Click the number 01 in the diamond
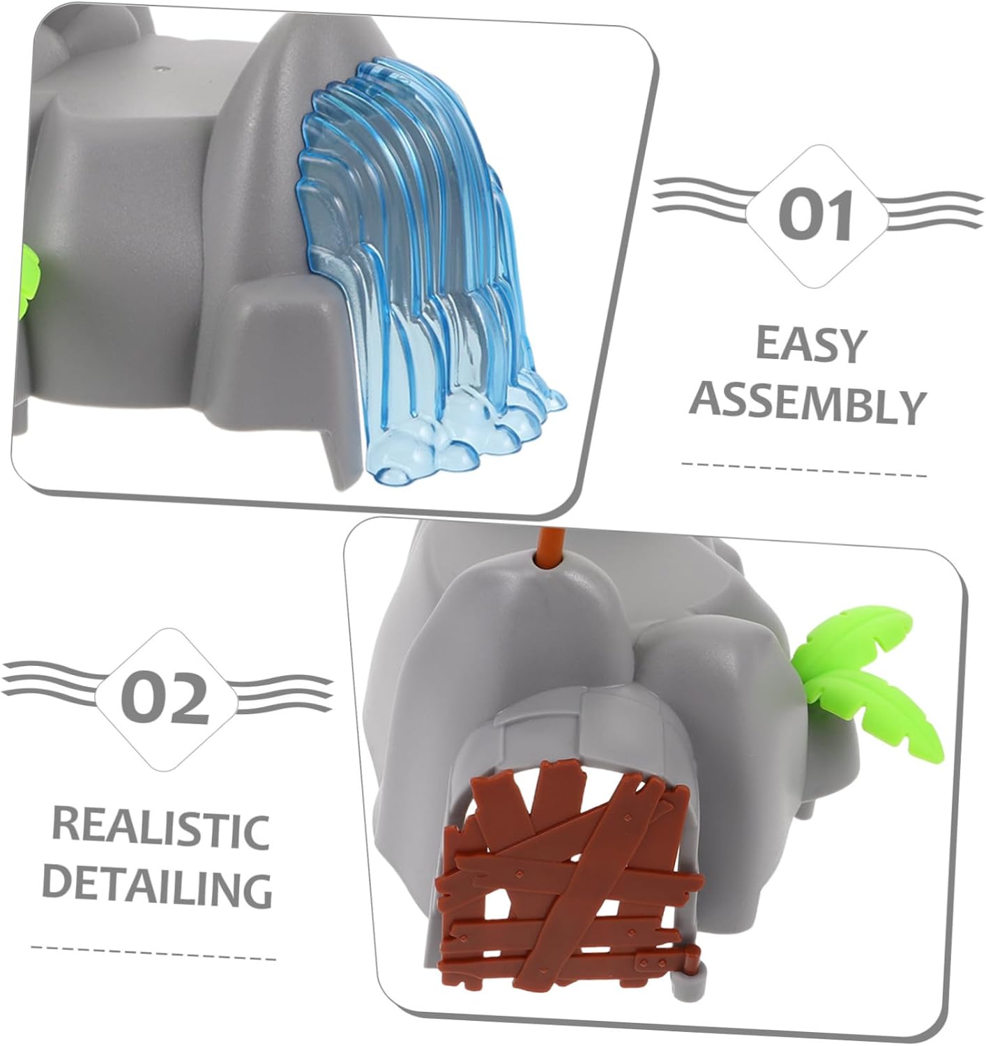coord(815,215)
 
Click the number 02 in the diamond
coord(165,697)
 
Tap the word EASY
coord(810,344)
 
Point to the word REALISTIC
coord(160,828)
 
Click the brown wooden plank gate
coord(565,879)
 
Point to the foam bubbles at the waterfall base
coord(460,446)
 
